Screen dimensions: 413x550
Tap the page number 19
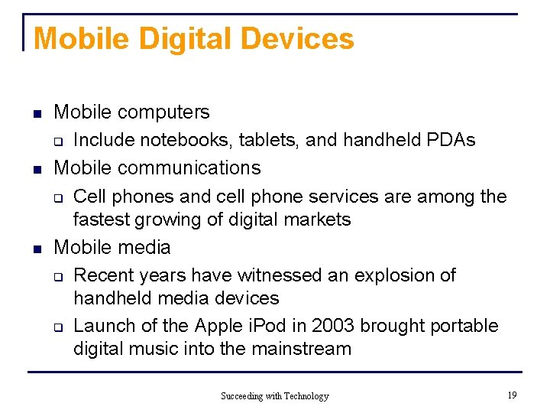(511, 395)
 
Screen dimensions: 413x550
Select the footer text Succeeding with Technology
(274, 395)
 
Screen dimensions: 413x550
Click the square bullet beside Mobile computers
(37, 114)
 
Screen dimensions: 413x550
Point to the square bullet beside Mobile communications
(37, 169)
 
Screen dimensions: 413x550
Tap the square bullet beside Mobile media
(37, 249)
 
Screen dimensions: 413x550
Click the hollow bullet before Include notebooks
(57, 141)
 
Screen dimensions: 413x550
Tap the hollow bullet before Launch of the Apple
(57, 327)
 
